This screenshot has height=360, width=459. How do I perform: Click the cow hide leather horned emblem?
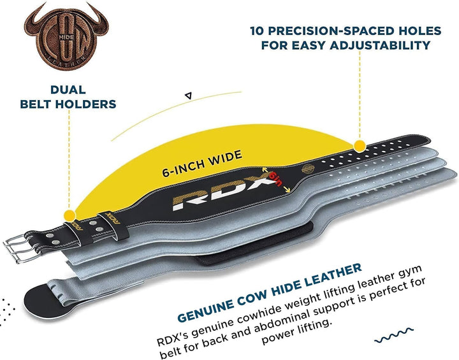coord(66,36)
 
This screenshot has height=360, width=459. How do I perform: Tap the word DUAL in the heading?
coord(68,90)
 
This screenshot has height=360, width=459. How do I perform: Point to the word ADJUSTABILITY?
coord(380,45)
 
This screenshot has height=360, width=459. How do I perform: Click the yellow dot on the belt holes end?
coord(360,146)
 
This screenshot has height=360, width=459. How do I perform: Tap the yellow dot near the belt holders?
coord(69,216)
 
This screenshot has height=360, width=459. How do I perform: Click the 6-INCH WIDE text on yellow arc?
coord(202,163)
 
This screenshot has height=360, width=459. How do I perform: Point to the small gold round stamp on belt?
coord(308,169)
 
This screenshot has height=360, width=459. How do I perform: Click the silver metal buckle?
coord(18,248)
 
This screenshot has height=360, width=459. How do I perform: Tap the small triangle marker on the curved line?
coord(189,96)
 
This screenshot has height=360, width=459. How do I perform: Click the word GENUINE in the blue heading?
coord(206,310)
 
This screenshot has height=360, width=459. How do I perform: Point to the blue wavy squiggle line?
coord(394,335)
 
